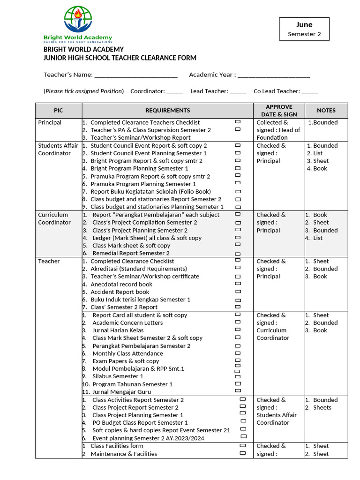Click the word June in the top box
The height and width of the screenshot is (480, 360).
point(304,25)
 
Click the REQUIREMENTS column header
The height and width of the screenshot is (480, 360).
point(167,111)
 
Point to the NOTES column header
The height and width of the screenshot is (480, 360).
point(326,111)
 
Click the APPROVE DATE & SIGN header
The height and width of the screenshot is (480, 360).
point(279,111)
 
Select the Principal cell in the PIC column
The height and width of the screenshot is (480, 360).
point(50,122)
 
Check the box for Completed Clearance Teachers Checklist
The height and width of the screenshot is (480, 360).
point(238,121)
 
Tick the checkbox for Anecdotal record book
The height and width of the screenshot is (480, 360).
point(238,284)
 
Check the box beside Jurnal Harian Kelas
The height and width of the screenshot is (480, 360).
point(238,330)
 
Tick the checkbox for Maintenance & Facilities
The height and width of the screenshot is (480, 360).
point(242,453)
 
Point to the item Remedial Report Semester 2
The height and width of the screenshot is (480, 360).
point(131,253)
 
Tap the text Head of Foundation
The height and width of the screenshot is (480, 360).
point(278,134)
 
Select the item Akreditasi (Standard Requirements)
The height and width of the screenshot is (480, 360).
point(138,269)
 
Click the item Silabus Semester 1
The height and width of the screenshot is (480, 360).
point(118,376)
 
